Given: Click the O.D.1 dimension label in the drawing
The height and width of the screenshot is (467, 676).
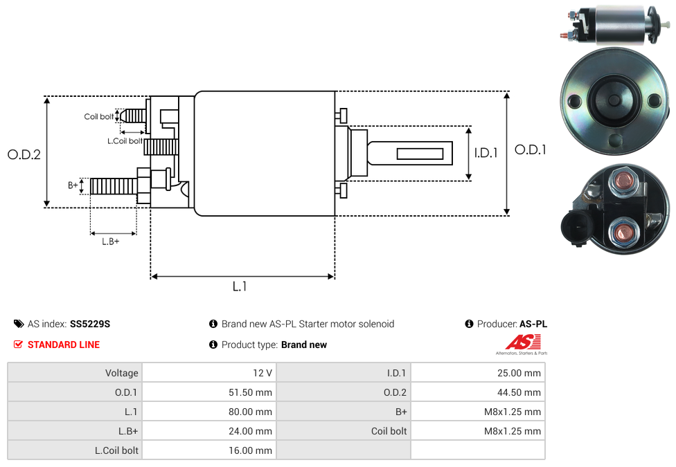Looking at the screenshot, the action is tap(531, 150).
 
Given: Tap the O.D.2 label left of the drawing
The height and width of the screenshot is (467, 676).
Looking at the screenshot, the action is tap(24, 155).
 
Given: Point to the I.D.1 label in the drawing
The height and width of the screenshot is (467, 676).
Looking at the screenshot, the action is tap(486, 153).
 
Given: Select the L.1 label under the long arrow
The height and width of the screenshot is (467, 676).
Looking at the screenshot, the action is tap(239, 286).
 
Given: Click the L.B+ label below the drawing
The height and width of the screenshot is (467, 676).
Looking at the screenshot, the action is tap(110, 241).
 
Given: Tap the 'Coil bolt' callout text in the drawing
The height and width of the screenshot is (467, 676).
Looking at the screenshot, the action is tap(99, 117).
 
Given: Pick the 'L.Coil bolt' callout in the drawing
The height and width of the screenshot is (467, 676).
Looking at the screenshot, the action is tap(125, 141).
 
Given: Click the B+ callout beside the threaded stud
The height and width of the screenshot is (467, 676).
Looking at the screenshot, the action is tap(73, 185).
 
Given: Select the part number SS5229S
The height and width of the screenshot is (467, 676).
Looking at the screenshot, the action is tap(90, 324).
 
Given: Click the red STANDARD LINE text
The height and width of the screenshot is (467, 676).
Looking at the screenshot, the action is tap(64, 345).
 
